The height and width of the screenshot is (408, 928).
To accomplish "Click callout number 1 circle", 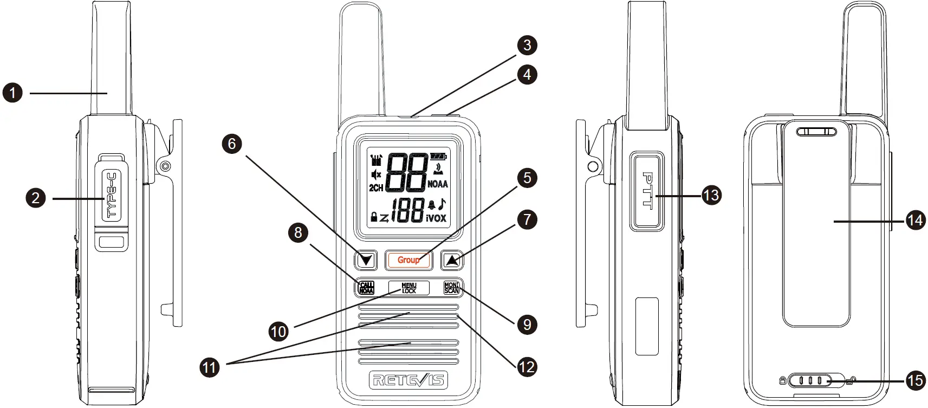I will tap(13, 93).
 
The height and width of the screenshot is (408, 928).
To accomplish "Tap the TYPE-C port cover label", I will tap(112, 195).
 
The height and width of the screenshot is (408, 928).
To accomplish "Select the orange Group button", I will tap(408, 260).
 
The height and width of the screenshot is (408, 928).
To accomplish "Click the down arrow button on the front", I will tap(366, 261).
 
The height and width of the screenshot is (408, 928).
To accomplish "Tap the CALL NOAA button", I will tap(367, 288).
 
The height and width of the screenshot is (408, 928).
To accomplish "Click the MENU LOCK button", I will tap(409, 288).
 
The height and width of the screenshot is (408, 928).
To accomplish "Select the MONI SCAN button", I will tap(451, 288).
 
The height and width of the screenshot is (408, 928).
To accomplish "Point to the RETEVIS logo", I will tap(408, 380).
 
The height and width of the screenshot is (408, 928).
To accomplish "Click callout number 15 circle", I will tap(915, 380).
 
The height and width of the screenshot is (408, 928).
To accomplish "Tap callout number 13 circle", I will tap(711, 195).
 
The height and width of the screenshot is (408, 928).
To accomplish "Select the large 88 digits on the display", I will tap(407, 173).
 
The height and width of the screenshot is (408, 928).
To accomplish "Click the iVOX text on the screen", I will tap(436, 218).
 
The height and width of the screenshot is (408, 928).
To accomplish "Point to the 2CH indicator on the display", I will tap(376, 188).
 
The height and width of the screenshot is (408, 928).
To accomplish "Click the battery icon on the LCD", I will tap(438, 157).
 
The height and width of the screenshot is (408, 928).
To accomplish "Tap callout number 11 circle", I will tap(210, 368).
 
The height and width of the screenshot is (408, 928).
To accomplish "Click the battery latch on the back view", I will tap(810, 381).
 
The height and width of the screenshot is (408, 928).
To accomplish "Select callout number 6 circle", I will tap(232, 144).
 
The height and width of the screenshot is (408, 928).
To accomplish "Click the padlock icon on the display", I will tap(374, 217).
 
